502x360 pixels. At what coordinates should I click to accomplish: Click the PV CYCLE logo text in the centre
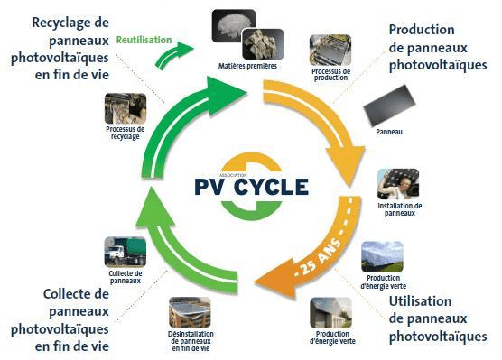[251, 188]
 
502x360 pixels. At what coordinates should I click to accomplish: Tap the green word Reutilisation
[144, 39]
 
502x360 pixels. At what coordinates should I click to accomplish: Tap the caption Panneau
[389, 133]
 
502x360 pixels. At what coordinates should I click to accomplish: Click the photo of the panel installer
[397, 184]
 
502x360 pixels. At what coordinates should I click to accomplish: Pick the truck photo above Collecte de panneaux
[125, 252]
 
